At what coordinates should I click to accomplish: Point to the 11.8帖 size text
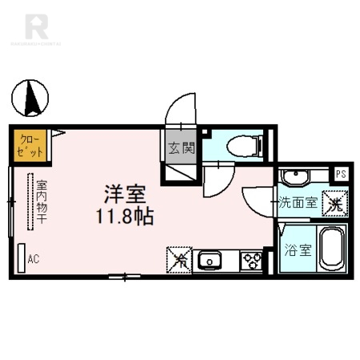pyautogui.click(x=126, y=215)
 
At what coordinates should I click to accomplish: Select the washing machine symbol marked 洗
pyautogui.click(x=334, y=204)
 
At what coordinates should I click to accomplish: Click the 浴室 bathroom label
pyautogui.click(x=298, y=249)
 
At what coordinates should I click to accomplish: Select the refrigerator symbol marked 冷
pyautogui.click(x=181, y=259)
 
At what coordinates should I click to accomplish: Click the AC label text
pyautogui.click(x=34, y=258)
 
